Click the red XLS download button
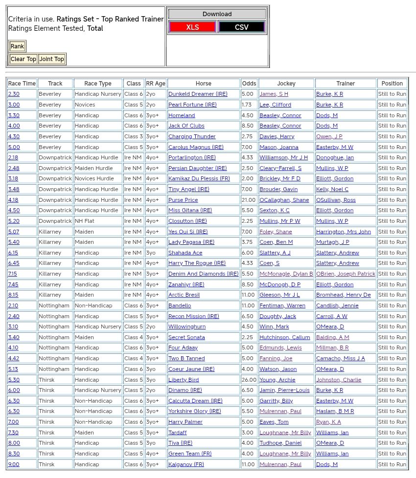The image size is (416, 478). (192, 27)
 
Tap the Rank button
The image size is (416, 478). (17, 46)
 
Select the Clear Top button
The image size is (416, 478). (23, 59)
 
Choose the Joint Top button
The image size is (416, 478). (52, 59)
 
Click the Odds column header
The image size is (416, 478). (249, 84)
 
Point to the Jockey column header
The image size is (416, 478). (286, 84)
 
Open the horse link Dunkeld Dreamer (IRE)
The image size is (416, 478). (198, 94)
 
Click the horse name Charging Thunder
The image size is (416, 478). (191, 136)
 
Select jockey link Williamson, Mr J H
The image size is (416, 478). (283, 157)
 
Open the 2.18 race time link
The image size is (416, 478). (13, 157)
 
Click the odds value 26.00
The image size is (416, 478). (248, 380)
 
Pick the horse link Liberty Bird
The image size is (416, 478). (184, 380)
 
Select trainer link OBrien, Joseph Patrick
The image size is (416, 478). (346, 274)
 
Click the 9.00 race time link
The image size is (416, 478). (14, 464)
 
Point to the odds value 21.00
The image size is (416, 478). (248, 200)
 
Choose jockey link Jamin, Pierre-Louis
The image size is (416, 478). (284, 390)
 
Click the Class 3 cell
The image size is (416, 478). (133, 136)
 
